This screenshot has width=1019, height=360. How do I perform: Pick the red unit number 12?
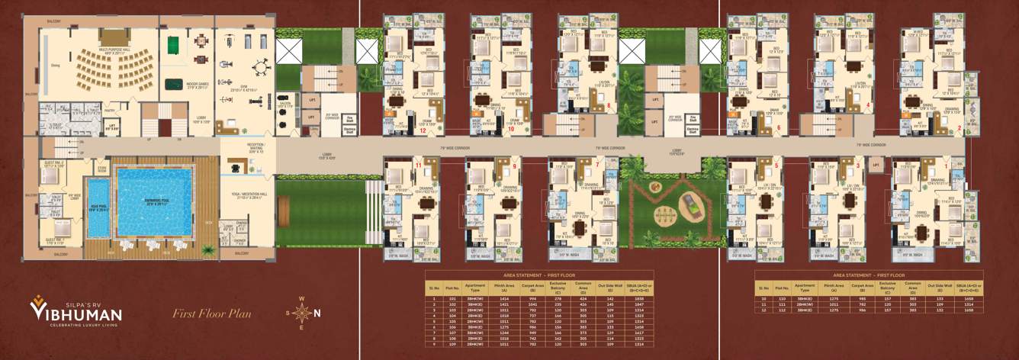pyautogui.click(x=422, y=130)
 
